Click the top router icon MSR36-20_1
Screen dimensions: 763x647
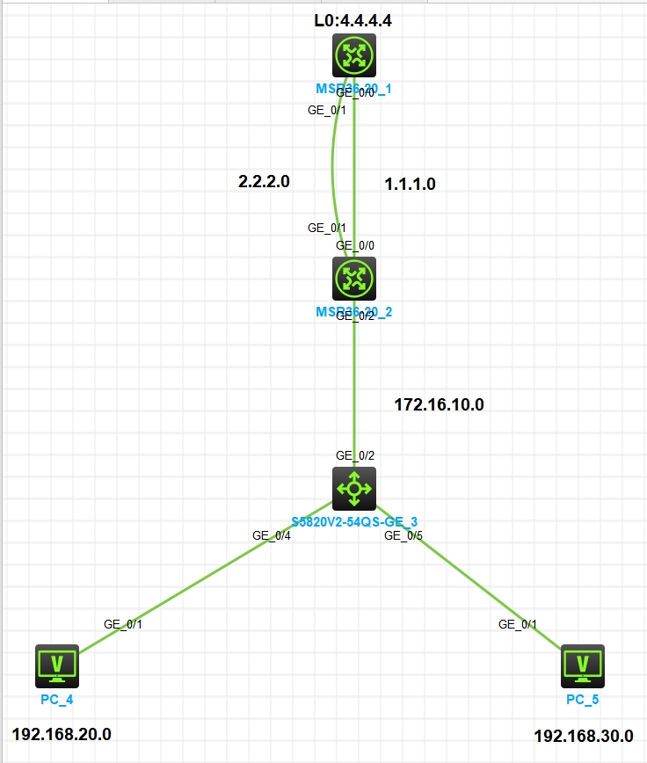click(354, 55)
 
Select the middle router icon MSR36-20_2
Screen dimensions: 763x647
click(354, 279)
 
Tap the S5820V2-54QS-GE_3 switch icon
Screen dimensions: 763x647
click(354, 488)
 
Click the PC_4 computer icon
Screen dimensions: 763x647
click(57, 665)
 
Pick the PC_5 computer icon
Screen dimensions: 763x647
click(582, 665)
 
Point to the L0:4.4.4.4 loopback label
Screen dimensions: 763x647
click(353, 20)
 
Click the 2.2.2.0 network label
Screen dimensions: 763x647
click(264, 182)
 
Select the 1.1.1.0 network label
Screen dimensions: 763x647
click(410, 184)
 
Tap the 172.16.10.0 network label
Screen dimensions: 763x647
click(439, 404)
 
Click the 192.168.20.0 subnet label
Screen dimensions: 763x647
click(62, 734)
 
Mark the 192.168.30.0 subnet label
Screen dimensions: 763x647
click(583, 737)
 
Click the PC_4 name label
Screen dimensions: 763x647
click(57, 699)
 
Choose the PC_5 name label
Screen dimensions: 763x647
click(583, 700)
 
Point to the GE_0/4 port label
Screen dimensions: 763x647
click(271, 534)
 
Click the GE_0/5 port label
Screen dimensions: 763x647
click(403, 534)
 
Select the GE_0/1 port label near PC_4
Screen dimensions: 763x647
click(123, 624)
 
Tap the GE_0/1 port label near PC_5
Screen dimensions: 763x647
click(518, 624)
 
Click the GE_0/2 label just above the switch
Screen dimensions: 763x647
click(355, 455)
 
